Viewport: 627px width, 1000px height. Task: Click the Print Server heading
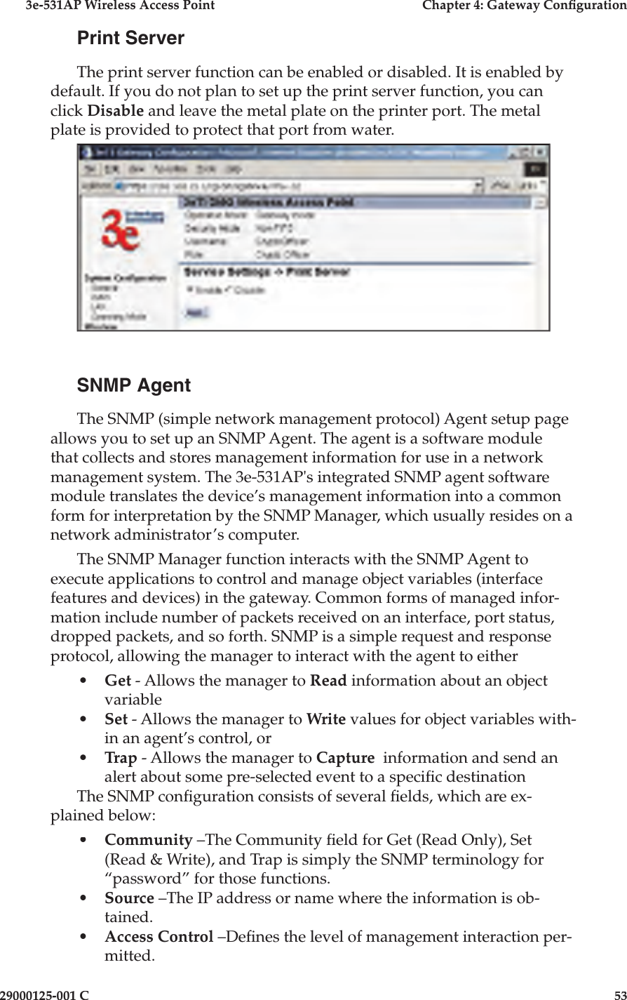[x=130, y=38]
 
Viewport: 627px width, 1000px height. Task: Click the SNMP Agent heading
[x=133, y=385]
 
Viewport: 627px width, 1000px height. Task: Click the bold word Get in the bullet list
[x=118, y=681]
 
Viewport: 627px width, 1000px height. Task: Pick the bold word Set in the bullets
[x=116, y=720]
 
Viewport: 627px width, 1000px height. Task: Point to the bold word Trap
[x=120, y=759]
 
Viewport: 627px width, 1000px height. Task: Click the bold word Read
[x=326, y=681]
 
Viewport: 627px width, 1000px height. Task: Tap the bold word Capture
[x=345, y=759]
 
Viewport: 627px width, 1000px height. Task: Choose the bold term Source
[x=129, y=898]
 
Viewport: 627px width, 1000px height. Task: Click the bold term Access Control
[x=159, y=937]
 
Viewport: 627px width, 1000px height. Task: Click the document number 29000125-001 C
[x=45, y=994]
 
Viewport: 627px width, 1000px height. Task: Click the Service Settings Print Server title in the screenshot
[x=267, y=272]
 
